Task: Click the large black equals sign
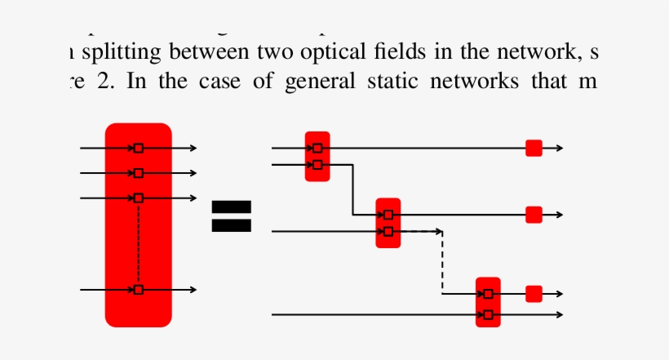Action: (232, 216)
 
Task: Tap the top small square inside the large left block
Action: (138, 148)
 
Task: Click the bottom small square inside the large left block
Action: (138, 290)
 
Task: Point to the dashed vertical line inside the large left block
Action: (138, 243)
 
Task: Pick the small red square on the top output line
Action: (534, 148)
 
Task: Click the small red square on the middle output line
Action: (534, 215)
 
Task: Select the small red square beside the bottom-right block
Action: (534, 294)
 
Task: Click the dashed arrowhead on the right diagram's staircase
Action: (441, 232)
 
